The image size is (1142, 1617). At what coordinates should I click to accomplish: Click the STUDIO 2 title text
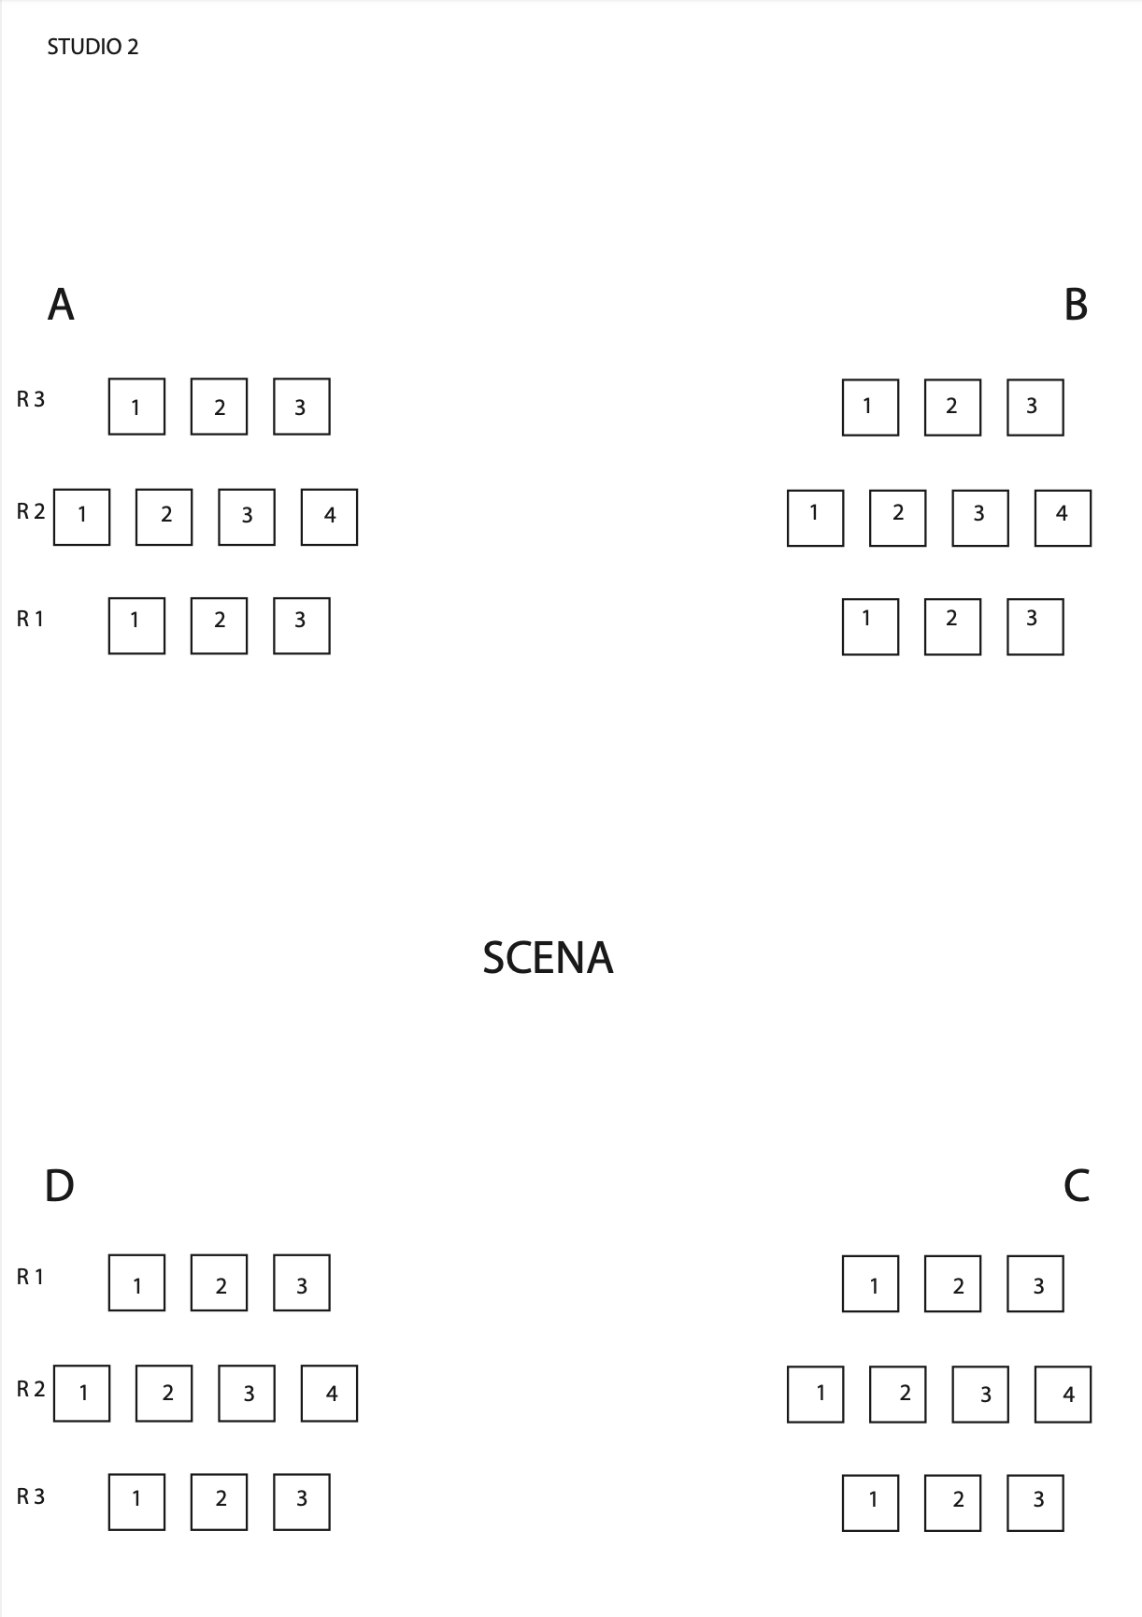coord(93,47)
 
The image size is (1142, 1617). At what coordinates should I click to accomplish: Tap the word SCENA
coord(548,958)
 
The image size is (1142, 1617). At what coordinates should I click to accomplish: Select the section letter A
coord(61,305)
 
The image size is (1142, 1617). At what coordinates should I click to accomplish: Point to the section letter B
coord(1076,305)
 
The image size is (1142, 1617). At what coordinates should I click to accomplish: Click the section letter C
coord(1077,1186)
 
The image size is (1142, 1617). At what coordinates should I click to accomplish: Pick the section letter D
coord(59,1186)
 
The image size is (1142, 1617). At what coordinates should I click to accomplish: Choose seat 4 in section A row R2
coord(329,517)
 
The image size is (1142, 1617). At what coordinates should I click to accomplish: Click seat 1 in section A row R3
coord(136,407)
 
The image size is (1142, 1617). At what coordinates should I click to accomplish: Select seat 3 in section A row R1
coord(302,626)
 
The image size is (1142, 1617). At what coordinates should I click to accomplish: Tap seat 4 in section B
coord(1063,518)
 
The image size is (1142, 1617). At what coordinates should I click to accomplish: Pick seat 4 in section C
coord(1063,1395)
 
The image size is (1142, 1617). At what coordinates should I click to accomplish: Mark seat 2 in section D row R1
coord(219,1283)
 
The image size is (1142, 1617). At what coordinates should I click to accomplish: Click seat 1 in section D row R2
coord(81,1394)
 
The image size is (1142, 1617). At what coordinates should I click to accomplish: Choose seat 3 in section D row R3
coord(302,1502)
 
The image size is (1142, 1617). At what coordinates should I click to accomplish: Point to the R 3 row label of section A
coord(30,399)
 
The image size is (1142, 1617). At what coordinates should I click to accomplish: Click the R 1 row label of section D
coord(30,1277)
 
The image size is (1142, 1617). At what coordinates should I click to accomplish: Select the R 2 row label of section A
coord(30,511)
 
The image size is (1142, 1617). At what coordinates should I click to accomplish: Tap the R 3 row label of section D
coord(30,1496)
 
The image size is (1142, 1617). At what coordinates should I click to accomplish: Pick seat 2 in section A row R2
coord(164,517)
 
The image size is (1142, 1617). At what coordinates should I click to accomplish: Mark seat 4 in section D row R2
coord(329,1394)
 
